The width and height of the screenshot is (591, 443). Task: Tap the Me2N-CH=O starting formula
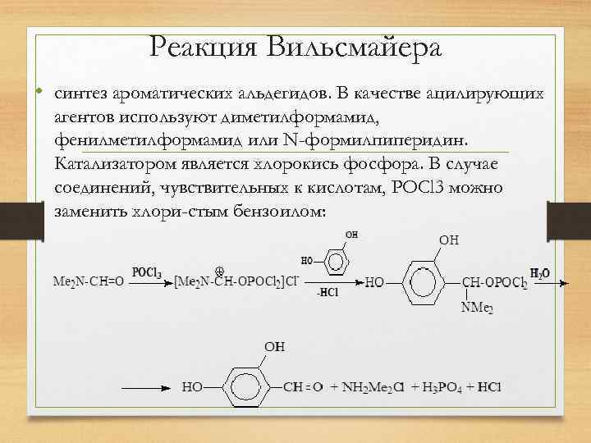(x=88, y=281)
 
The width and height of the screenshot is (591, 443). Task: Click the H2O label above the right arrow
(x=540, y=273)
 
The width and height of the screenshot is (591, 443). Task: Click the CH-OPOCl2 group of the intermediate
(x=494, y=282)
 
